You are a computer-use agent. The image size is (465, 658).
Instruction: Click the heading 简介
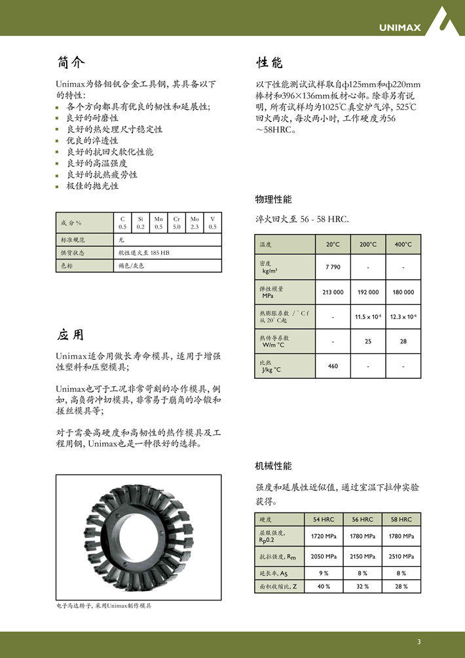click(71, 63)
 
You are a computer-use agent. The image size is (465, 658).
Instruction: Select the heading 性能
click(269, 63)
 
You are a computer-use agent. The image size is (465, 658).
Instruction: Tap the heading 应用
click(70, 335)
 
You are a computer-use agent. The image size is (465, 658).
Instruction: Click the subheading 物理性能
click(273, 199)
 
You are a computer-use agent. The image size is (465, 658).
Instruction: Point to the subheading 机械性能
click(273, 466)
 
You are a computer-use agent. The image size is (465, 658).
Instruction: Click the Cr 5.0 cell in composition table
click(177, 223)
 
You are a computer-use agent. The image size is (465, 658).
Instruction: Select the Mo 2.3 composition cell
click(195, 223)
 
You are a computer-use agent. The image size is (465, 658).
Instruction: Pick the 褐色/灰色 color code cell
click(130, 265)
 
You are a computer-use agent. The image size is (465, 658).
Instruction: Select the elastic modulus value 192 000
click(368, 292)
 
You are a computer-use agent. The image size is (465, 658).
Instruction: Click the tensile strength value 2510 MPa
click(401, 556)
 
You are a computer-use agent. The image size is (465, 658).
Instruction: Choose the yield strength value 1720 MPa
click(324, 536)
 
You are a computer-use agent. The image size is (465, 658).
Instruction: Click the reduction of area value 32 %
click(362, 586)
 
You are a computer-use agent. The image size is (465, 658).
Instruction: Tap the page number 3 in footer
click(418, 641)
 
